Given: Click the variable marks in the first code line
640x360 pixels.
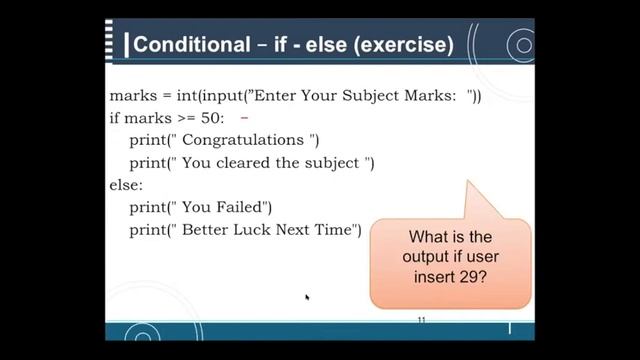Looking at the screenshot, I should pyautogui.click(x=134, y=97).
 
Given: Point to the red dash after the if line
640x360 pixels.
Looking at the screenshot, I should pyautogui.click(x=243, y=117).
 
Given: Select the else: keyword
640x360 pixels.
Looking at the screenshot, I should pyautogui.click(x=126, y=185).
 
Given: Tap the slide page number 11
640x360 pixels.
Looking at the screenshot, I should pyautogui.click(x=422, y=319).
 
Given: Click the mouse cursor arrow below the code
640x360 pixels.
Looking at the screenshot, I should pyautogui.click(x=307, y=297).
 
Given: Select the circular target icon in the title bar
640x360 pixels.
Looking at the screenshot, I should pyautogui.click(x=520, y=45).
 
